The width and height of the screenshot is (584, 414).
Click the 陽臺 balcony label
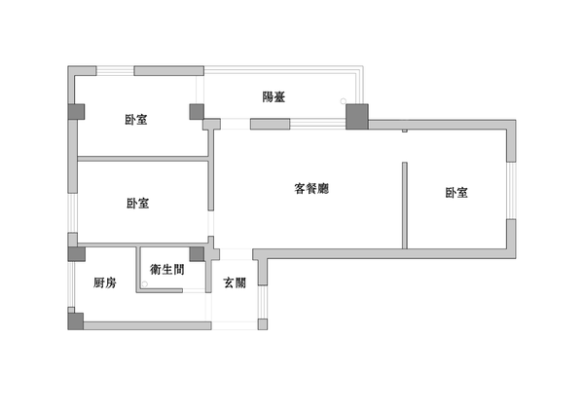[274, 96]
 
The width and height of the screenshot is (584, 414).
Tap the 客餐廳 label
[312, 188]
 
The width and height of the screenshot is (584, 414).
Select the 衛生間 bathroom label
[165, 270]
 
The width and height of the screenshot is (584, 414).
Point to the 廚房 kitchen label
[105, 283]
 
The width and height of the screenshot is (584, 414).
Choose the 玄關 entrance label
[235, 283]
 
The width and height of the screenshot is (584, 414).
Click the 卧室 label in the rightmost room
[456, 193]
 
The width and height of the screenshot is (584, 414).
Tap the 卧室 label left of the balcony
[136, 119]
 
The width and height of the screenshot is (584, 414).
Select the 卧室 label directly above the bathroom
[137, 204]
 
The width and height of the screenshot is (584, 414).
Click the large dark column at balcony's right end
[357, 117]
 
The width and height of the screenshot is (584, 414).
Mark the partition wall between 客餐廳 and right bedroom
[404, 205]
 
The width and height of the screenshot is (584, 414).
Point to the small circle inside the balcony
[342, 100]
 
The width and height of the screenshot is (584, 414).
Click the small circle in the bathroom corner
[145, 284]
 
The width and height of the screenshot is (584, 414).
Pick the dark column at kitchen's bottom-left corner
[75, 320]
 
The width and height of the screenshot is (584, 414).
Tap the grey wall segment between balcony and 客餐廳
[271, 125]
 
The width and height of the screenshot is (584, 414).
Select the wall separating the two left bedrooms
[142, 158]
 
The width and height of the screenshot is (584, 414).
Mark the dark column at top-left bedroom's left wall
[75, 112]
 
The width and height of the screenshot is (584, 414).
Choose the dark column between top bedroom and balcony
[197, 112]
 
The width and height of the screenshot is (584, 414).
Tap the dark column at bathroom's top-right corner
[197, 254]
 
